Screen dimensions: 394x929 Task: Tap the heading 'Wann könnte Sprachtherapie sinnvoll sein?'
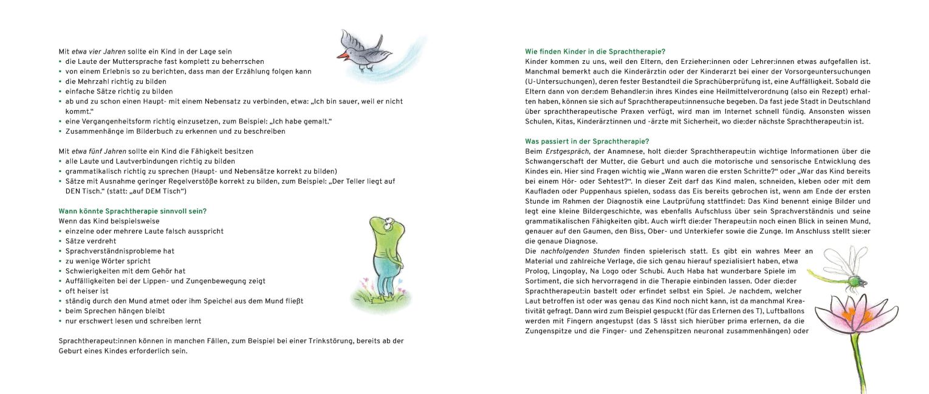pos(132,211)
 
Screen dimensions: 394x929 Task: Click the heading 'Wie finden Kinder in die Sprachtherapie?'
pos(599,51)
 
